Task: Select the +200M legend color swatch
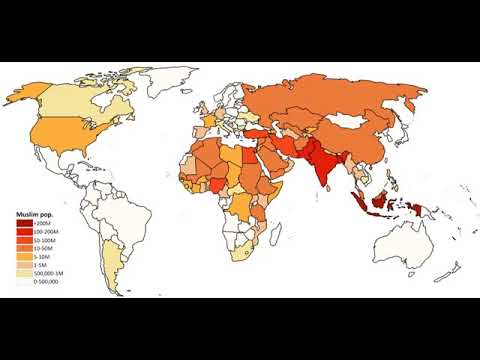(x=21, y=224)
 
